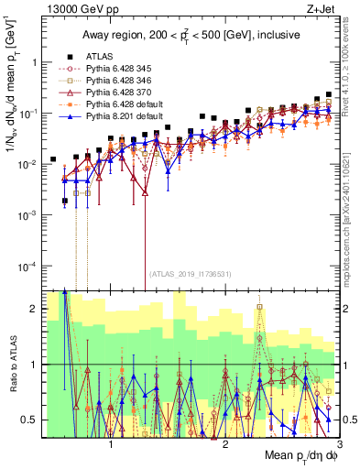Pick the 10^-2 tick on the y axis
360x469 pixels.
(x=29, y=164)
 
